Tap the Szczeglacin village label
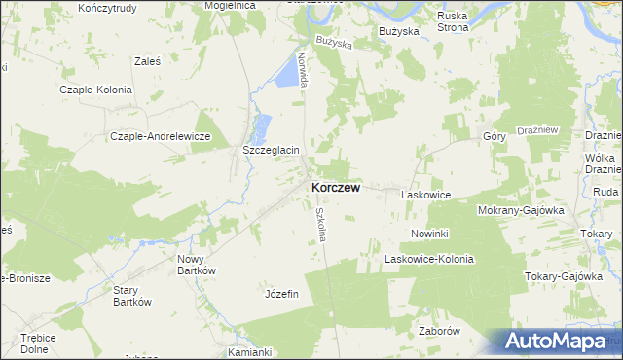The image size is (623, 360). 271,151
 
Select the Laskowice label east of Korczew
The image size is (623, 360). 425,195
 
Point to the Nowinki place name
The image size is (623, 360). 428,234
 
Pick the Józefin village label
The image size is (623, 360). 280,293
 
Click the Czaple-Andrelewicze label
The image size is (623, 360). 161,136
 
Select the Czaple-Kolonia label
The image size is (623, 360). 95,89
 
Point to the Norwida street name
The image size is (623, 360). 304,70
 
